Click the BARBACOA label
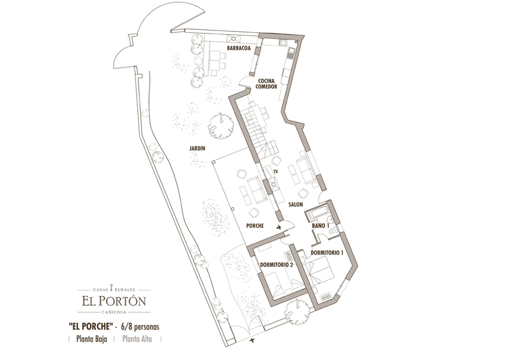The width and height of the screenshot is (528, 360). pos(239,48)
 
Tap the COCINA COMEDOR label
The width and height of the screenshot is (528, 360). pos(266,84)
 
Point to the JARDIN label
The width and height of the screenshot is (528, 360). pos(197,148)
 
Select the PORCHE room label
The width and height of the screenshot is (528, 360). pos(255,226)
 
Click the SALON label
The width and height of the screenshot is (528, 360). pos(295,204)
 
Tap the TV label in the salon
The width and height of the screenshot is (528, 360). pos(276,172)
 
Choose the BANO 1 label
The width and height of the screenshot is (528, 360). pos(320,226)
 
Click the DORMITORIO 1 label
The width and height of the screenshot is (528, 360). pos(327,253)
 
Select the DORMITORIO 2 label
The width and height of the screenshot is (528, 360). pos(276,265)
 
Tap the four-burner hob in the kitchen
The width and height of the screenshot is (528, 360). pos(282,43)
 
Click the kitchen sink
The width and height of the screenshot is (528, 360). pos(291,52)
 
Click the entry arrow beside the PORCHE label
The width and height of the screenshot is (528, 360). pos(279,227)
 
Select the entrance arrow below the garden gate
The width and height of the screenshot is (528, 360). pos(252,341)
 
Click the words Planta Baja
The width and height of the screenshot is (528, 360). pos(92,339)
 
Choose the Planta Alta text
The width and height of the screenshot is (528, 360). pos(137,339)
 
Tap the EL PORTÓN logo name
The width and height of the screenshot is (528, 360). pos(114,300)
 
